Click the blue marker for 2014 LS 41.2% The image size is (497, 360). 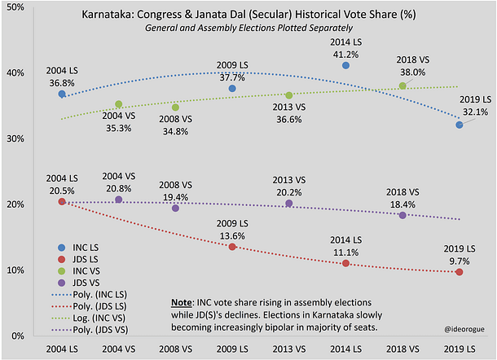coord(345,65)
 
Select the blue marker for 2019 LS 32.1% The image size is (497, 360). coord(460,125)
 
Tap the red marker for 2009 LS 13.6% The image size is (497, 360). coord(232,247)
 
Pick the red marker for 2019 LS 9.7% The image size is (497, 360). coord(460,272)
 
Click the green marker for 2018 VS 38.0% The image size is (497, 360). coord(402,86)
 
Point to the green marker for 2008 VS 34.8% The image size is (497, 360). coord(175,107)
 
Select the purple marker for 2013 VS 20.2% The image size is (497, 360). coord(289,203)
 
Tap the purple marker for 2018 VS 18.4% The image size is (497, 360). coord(402,215)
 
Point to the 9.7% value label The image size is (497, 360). coord(460,259)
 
